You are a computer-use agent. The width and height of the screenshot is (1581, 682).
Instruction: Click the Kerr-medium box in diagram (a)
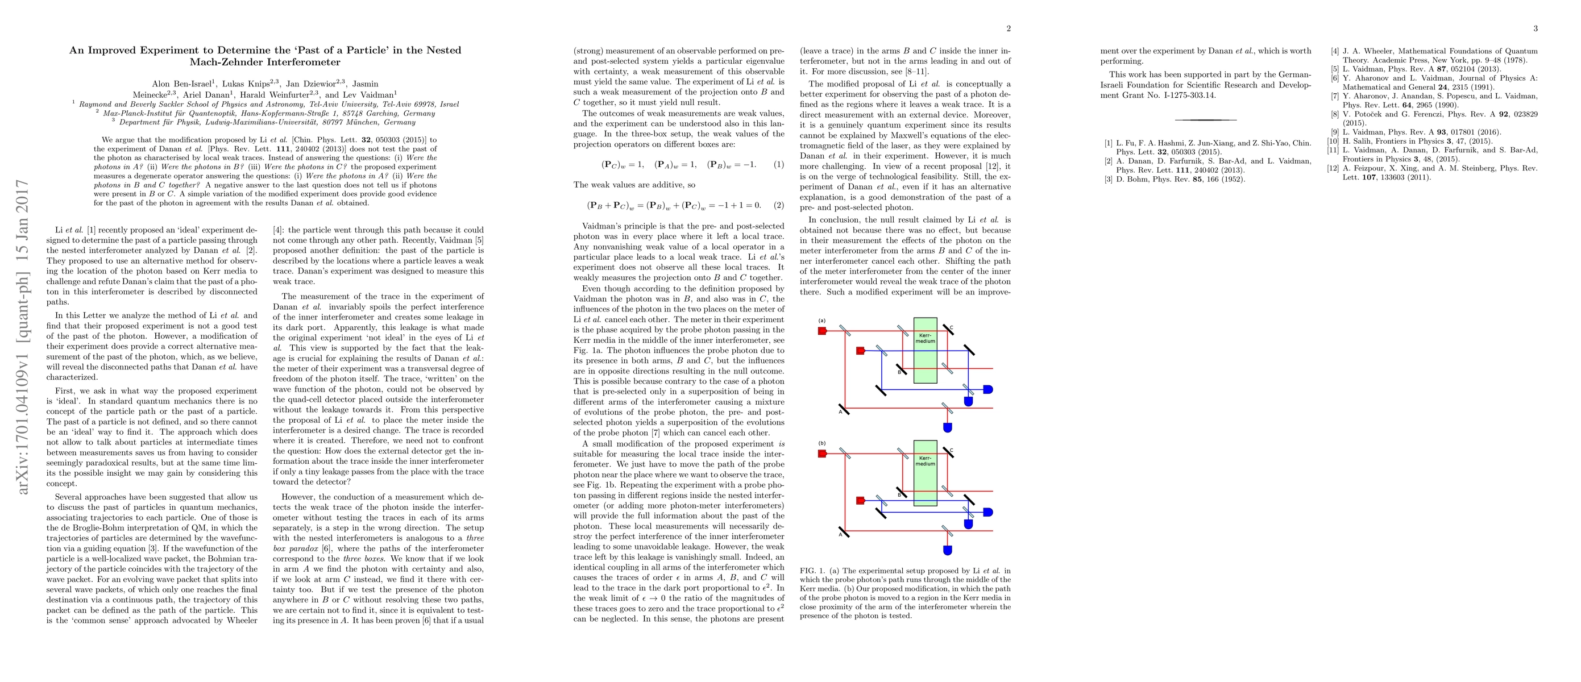pyautogui.click(x=925, y=351)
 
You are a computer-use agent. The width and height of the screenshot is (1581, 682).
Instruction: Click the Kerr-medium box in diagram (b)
pyautogui.click(x=925, y=473)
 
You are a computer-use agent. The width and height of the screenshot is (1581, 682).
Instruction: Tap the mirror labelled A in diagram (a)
pyautogui.click(x=844, y=409)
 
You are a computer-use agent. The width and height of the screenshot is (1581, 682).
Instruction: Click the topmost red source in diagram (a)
pyautogui.click(x=823, y=331)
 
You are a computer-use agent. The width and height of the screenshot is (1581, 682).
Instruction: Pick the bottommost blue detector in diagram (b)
pyautogui.click(x=947, y=550)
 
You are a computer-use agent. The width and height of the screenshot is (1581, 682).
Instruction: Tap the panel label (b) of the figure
pyautogui.click(x=822, y=443)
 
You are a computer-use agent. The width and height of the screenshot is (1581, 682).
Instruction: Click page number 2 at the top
pyautogui.click(x=1009, y=28)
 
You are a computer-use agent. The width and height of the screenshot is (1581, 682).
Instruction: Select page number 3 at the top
pyautogui.click(x=1535, y=28)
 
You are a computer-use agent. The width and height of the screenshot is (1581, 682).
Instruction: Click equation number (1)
pyautogui.click(x=778, y=164)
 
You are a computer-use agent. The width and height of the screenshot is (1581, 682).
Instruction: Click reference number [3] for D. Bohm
pyautogui.click(x=1108, y=179)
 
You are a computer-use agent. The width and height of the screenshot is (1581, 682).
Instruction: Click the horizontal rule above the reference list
pyautogui.click(x=1205, y=119)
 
